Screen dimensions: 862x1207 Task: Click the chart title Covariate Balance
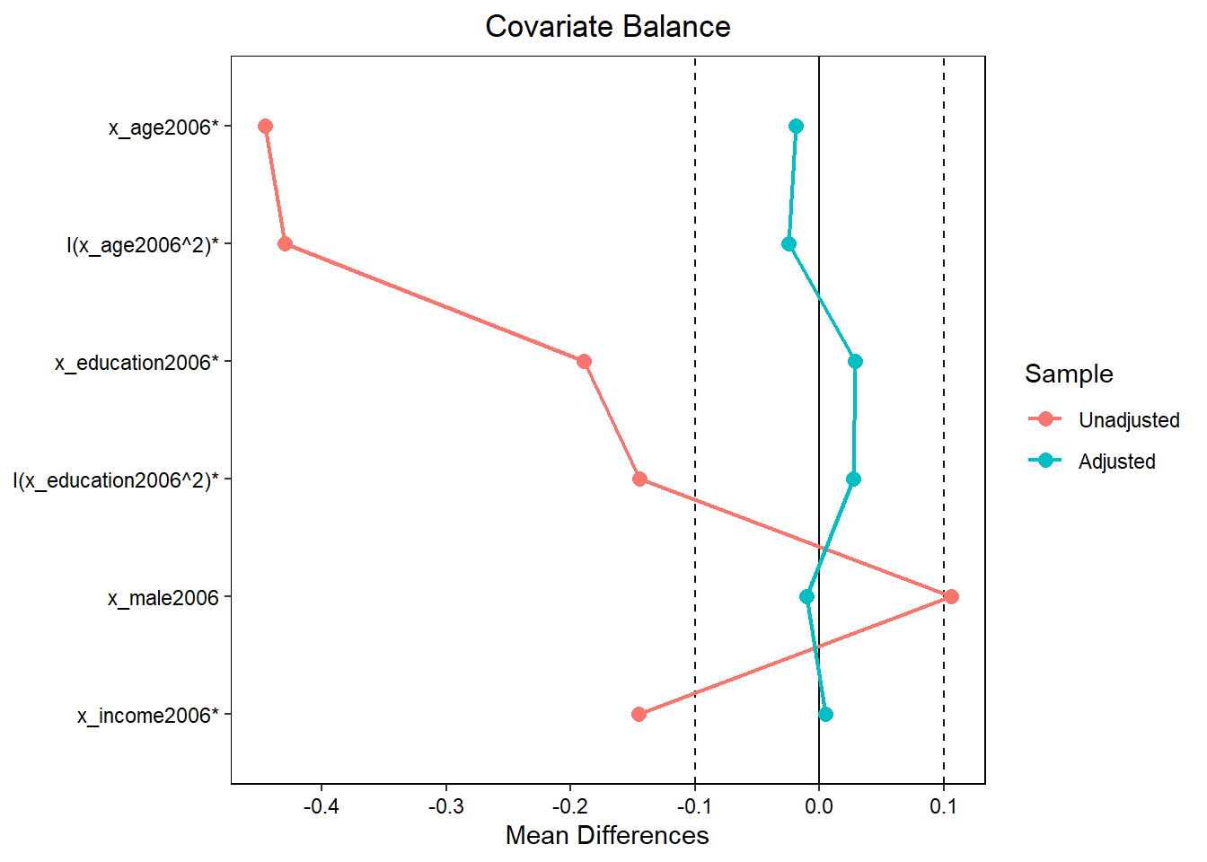pyautogui.click(x=607, y=27)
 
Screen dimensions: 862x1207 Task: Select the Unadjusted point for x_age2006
pyautogui.click(x=265, y=127)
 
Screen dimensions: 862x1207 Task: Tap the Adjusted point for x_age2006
pyautogui.click(x=796, y=127)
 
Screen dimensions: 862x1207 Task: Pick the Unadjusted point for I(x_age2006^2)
pyautogui.click(x=285, y=244)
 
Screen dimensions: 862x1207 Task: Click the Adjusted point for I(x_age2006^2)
pyautogui.click(x=789, y=244)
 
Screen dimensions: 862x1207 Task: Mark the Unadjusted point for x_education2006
pyautogui.click(x=584, y=362)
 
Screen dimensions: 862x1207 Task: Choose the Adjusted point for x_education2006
pyautogui.click(x=855, y=362)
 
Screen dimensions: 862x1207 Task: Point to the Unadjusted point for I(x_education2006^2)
pyautogui.click(x=639, y=479)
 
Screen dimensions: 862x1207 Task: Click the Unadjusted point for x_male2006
pyautogui.click(x=951, y=597)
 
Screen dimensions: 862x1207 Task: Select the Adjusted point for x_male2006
pyautogui.click(x=806, y=597)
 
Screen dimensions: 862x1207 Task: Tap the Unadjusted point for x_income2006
pyautogui.click(x=639, y=715)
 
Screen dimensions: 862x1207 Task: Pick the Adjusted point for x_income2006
pyautogui.click(x=825, y=715)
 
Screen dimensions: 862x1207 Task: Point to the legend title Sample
pyautogui.click(x=1069, y=374)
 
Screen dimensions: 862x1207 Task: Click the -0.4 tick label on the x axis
pyautogui.click(x=321, y=806)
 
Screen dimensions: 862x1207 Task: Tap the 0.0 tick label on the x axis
pyautogui.click(x=818, y=806)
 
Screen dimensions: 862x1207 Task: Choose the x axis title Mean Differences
pyautogui.click(x=607, y=836)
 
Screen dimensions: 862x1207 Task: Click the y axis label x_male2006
pyautogui.click(x=163, y=598)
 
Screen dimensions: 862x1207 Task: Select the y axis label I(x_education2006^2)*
pyautogui.click(x=116, y=480)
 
